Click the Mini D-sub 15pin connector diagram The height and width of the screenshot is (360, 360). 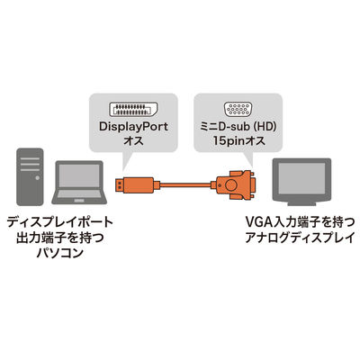(x=238, y=109)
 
